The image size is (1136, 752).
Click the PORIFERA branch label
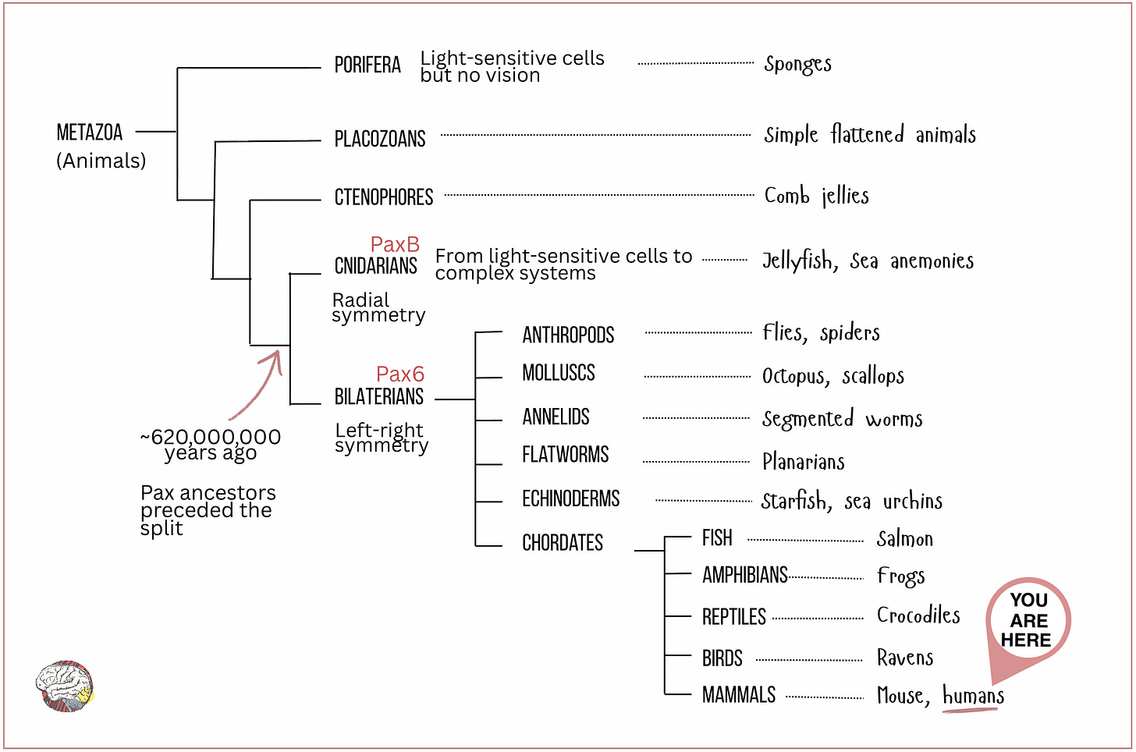pos(367,65)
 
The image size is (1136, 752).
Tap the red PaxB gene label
pos(395,244)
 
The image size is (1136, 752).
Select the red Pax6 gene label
pos(399,374)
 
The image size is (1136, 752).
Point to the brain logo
pos(66,686)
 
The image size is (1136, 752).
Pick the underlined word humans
pos(973,695)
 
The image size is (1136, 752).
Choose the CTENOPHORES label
pos(383,197)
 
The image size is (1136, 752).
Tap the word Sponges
pos(797,64)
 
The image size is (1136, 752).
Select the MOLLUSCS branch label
pos(559,373)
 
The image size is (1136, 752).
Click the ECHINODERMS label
pos(570,499)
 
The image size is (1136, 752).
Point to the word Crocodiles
pos(918,615)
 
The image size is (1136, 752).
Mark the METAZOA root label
pos(90,133)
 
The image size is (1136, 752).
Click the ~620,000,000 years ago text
pos(211,445)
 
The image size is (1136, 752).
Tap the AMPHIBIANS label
pos(744,576)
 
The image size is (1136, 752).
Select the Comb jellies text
pos(816,196)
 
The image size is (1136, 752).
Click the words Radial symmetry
pos(378,307)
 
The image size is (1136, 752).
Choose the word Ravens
pos(905,658)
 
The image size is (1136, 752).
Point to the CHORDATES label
pos(563,543)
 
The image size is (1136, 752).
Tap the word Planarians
pos(803,462)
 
